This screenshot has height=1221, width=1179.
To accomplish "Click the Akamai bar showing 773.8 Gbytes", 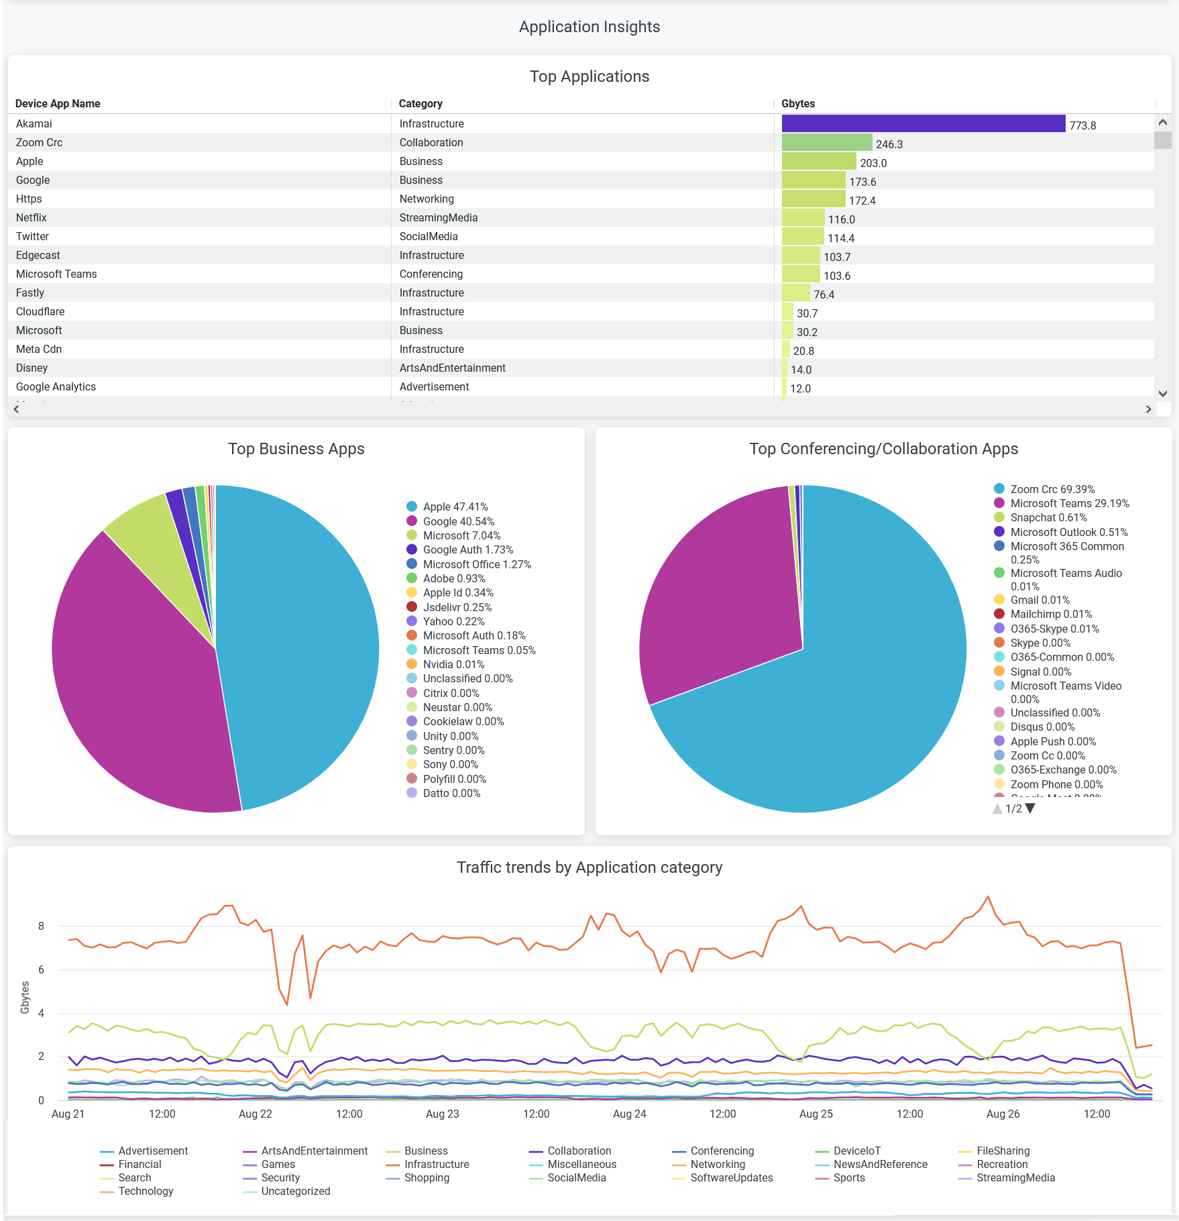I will (923, 123).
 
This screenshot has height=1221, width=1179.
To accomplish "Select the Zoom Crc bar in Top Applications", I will (826, 142).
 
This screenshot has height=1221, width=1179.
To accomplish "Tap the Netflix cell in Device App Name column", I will (32, 217).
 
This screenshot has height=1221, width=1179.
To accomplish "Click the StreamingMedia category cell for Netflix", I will (439, 217).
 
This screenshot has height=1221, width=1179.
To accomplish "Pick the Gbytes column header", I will (798, 103).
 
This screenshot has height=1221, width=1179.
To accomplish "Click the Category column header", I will (420, 103).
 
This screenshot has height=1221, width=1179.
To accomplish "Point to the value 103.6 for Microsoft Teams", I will (837, 276).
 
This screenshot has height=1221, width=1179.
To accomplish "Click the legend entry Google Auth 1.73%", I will (467, 549).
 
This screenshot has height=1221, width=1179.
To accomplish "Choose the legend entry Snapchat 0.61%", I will (1048, 517).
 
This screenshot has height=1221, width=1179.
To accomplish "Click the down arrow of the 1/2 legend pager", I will (1031, 808).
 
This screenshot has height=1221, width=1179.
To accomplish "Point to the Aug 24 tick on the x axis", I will (630, 1114).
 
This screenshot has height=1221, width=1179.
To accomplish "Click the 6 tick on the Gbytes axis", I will (42, 969).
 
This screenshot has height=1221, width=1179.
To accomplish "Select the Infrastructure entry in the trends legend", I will (436, 1164).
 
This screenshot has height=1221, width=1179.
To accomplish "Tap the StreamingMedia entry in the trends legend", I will (1015, 1177).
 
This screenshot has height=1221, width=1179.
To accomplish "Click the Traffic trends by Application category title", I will (589, 867).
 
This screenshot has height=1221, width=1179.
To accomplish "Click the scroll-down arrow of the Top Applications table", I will (1163, 394).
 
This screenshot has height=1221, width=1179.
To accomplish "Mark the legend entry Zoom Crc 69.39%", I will (1052, 489).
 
